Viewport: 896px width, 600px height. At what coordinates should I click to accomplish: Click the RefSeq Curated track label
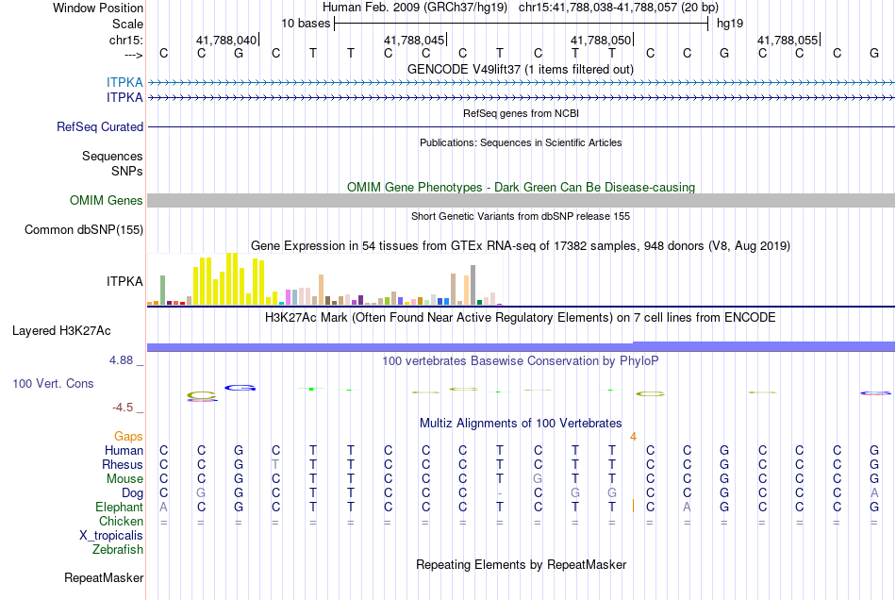pyautogui.click(x=100, y=126)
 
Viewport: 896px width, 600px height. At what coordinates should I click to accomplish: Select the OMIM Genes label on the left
pyautogui.click(x=107, y=201)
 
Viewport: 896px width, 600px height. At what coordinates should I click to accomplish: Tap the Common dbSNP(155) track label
pyautogui.click(x=84, y=229)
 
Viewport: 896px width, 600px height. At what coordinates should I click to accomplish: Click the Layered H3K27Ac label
pyautogui.click(x=61, y=331)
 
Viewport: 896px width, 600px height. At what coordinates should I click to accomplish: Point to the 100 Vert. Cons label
pyautogui.click(x=53, y=383)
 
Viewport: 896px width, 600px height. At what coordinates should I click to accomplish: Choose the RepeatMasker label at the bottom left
pyautogui.click(x=104, y=577)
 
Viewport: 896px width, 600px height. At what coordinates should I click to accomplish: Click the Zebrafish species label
pyautogui.click(x=118, y=549)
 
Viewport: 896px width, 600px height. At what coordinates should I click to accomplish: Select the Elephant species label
pyautogui.click(x=120, y=507)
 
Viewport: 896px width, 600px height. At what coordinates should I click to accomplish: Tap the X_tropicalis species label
pyautogui.click(x=111, y=536)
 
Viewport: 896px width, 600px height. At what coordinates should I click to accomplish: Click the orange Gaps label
pyautogui.click(x=128, y=437)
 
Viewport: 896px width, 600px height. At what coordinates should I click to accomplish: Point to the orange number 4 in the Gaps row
pyautogui.click(x=633, y=437)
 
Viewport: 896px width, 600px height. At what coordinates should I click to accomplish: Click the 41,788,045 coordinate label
pyautogui.click(x=414, y=40)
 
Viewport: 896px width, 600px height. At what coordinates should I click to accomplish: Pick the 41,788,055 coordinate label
pyautogui.click(x=788, y=40)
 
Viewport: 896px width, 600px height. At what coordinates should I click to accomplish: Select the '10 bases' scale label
pyautogui.click(x=306, y=24)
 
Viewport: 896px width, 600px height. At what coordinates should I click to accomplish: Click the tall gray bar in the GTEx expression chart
pyautogui.click(x=473, y=285)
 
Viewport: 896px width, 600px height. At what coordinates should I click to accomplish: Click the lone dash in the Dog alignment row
pyautogui.click(x=500, y=493)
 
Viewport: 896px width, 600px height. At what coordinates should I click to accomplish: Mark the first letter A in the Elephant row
pyautogui.click(x=164, y=507)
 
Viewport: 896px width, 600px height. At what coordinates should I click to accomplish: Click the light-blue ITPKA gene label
pyautogui.click(x=124, y=82)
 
